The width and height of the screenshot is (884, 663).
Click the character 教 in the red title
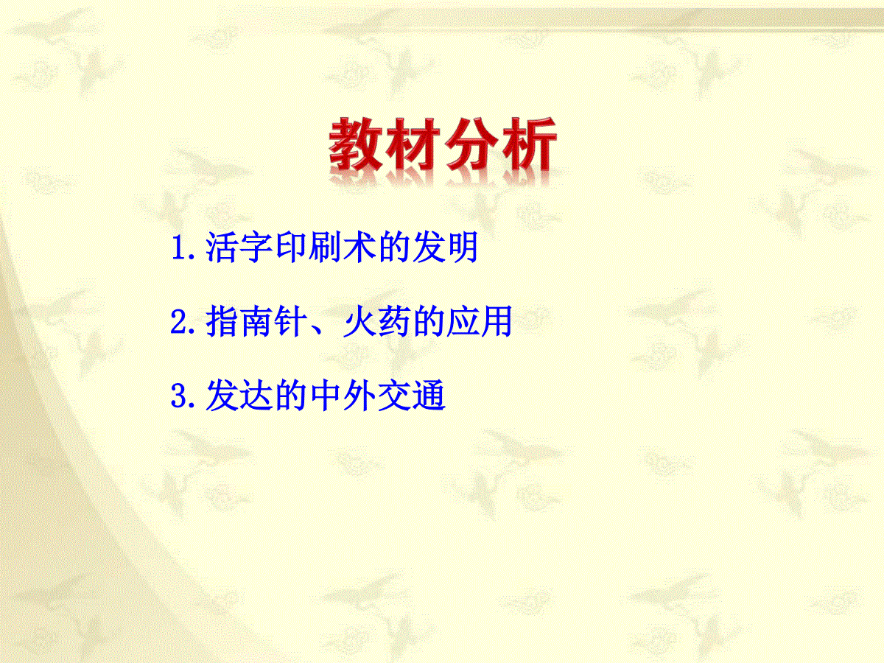(x=357, y=144)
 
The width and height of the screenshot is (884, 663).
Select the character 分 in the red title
(x=471, y=144)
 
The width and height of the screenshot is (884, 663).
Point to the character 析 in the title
(x=528, y=144)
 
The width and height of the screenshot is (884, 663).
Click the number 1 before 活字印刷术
(x=179, y=248)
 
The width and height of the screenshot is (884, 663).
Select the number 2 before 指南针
(x=179, y=321)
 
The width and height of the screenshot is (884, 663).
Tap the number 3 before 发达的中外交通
(x=179, y=396)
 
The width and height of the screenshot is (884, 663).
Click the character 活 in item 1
(x=222, y=248)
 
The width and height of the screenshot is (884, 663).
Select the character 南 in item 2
(x=256, y=321)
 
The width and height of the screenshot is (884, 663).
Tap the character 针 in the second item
(x=291, y=321)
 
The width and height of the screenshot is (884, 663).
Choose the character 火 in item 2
(x=359, y=321)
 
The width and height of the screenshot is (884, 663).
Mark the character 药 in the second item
(x=394, y=321)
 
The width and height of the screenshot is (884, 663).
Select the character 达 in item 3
(x=256, y=396)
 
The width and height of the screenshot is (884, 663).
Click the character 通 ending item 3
(x=429, y=396)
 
